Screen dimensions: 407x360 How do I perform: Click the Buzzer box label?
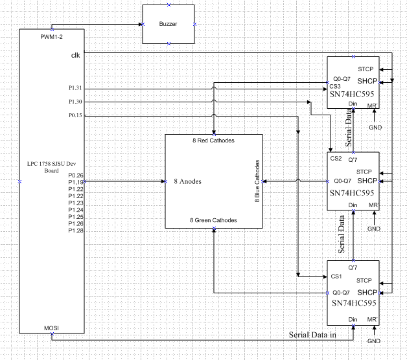point(168,24)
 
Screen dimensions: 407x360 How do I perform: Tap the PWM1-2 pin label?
point(51,37)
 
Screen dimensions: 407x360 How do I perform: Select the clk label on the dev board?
point(76,55)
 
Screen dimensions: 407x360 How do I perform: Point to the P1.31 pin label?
point(75,88)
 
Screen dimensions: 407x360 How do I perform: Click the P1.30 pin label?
point(75,102)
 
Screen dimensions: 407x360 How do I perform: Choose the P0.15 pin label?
point(75,115)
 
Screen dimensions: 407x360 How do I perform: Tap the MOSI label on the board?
point(51,328)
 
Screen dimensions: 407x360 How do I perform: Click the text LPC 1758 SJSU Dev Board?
point(51,167)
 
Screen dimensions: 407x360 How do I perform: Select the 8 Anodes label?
point(188,181)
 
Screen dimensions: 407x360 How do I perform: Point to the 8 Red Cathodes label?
point(213,141)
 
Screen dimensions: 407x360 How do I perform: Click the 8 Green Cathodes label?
point(213,220)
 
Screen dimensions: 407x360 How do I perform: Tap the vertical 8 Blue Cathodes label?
point(257,181)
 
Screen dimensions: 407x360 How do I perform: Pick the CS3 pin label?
point(335,86)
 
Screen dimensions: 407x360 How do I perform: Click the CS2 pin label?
point(336,158)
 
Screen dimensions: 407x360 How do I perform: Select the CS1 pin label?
point(336,276)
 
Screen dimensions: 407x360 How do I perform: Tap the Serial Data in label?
point(312,335)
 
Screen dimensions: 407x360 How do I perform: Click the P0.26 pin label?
point(76,175)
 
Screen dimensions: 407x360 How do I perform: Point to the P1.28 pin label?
point(76,231)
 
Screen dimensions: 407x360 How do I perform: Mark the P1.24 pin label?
point(76,210)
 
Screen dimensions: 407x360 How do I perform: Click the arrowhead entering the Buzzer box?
point(141,25)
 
